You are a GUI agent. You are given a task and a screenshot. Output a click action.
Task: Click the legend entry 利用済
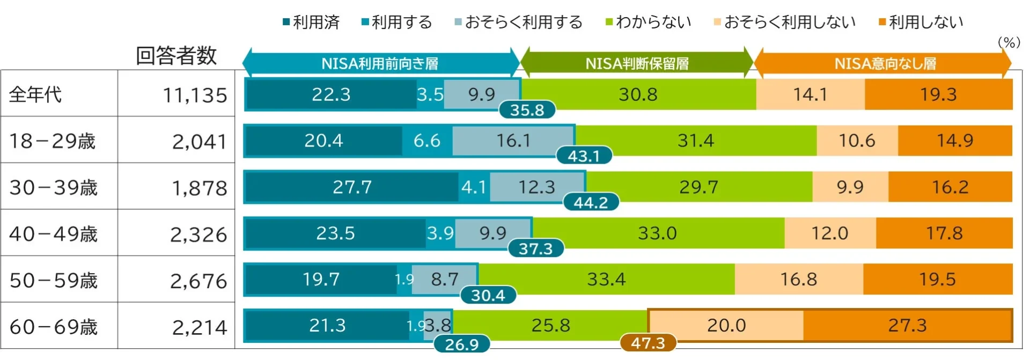tap(311, 22)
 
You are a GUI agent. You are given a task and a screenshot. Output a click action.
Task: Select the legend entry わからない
tap(648, 22)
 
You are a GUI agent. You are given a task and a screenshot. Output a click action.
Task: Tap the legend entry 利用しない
tap(921, 22)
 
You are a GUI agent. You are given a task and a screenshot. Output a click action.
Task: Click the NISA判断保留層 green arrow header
tap(637, 63)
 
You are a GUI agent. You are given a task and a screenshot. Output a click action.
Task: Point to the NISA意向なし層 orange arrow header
tap(885, 63)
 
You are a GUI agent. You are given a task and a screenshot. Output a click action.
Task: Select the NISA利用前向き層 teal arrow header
tap(380, 63)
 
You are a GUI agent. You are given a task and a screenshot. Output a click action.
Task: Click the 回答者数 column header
tap(176, 56)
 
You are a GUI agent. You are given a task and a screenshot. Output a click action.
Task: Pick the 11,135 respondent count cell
tap(195, 95)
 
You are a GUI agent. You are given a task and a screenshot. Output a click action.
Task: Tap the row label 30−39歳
tap(54, 188)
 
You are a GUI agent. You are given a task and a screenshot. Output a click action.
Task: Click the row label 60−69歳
tap(54, 327)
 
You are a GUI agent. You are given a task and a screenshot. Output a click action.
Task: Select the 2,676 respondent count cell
tap(198, 281)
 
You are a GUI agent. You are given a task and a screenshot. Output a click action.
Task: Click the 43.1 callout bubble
tap(584, 156)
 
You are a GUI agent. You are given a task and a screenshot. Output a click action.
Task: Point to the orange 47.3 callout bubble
tap(648, 343)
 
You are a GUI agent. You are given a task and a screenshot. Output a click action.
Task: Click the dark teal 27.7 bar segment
tap(352, 187)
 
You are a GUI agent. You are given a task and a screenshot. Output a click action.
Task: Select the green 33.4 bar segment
tap(606, 279)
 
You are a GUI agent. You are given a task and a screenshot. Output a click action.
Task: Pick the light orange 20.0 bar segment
tap(726, 325)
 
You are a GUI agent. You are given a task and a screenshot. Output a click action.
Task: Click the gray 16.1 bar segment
tap(513, 141)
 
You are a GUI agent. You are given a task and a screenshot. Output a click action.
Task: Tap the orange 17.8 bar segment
tap(944, 233)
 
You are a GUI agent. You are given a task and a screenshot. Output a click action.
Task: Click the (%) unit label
tap(1009, 42)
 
